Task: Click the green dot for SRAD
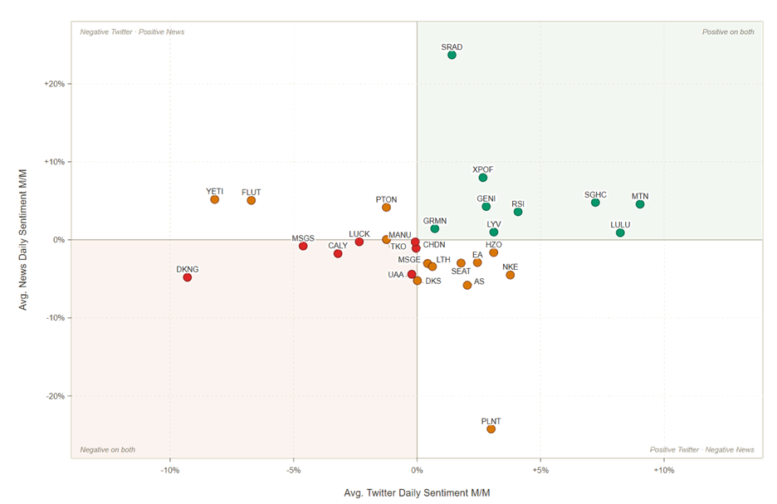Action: click(452, 55)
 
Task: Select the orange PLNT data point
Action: click(491, 429)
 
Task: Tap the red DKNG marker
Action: click(188, 277)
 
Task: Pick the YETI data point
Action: click(214, 200)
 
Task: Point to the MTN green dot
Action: click(640, 204)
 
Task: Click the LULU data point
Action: click(620, 233)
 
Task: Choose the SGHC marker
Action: click(595, 203)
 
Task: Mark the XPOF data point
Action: click(482, 178)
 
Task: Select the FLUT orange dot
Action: click(252, 201)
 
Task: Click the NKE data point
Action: click(510, 275)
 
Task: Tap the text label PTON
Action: click(386, 199)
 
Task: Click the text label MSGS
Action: click(303, 238)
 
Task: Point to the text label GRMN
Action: click(435, 221)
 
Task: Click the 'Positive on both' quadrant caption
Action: click(728, 32)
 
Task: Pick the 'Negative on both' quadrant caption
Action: click(108, 449)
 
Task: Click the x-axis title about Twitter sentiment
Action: click(417, 493)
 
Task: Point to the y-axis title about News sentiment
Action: click(22, 240)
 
